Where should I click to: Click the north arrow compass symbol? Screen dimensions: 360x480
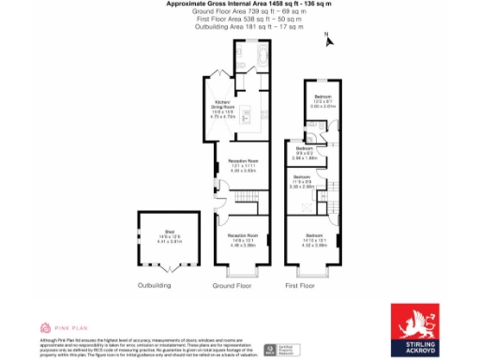pos(328,39)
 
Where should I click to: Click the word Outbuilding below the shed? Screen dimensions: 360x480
pos(155,284)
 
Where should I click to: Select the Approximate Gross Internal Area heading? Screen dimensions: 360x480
pos(240,5)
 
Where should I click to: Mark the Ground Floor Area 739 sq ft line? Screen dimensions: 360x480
pos(240,12)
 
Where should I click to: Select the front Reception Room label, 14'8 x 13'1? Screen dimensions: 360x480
pos(243,239)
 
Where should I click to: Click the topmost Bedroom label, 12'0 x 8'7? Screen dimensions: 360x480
pos(322,101)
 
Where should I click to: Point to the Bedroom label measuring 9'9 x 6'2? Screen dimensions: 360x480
pos(304,153)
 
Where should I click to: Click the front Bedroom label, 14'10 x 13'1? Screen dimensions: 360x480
pos(315,239)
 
